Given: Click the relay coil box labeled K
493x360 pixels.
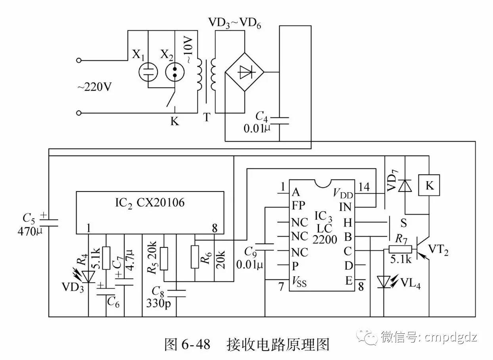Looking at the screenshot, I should click(429, 185).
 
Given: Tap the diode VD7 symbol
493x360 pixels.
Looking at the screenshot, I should click(405, 185).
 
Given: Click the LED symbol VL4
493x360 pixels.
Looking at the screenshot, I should click(384, 282).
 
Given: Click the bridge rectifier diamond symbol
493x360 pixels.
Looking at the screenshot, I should click(244, 73).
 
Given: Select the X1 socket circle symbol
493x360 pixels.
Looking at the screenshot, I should click(148, 72).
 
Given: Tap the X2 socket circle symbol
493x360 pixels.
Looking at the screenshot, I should click(175, 72).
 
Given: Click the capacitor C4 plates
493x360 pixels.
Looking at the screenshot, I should click(279, 120).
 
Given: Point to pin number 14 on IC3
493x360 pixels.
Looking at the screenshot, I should click(365, 187).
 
